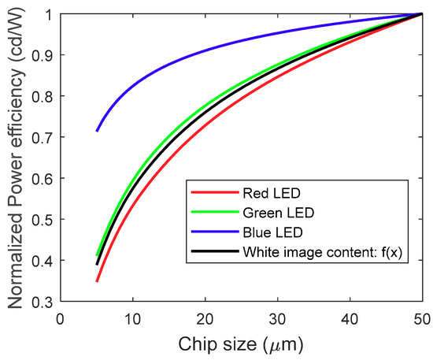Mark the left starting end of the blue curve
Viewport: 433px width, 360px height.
tap(97, 131)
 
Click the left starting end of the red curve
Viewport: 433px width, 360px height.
tap(97, 281)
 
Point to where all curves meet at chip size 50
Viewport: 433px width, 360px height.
tap(424, 14)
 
